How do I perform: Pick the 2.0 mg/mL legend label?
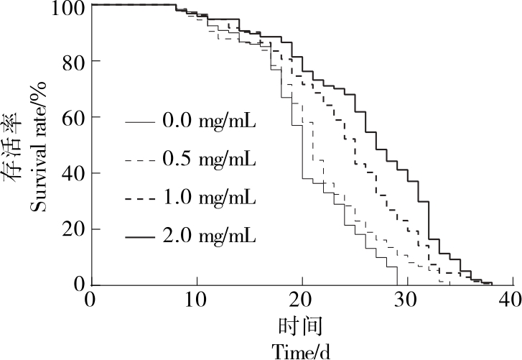[210, 235]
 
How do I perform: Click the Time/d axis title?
[301, 350]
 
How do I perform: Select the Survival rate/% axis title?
[39, 148]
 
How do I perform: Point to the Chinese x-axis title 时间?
[302, 326]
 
